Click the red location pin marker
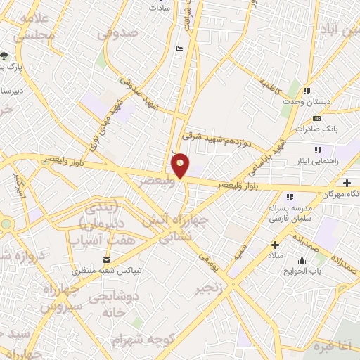[180, 165]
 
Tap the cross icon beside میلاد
[276, 245]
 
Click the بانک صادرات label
[318, 129]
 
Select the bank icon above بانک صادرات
[316, 118]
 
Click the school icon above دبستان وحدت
[308, 91]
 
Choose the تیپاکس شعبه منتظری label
[109, 270]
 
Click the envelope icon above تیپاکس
[106, 259]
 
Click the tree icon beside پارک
[6, 56]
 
